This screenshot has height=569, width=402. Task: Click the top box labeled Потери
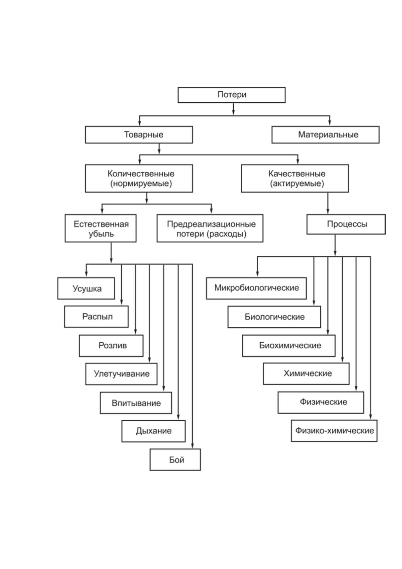(x=232, y=95)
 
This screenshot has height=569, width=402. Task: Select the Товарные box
(x=139, y=134)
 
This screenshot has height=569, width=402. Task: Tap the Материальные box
(x=325, y=134)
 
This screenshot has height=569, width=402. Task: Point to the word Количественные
(x=141, y=174)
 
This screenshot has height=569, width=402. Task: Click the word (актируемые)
(x=297, y=184)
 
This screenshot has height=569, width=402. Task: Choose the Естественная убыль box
(x=101, y=228)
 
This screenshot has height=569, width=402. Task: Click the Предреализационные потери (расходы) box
(x=210, y=228)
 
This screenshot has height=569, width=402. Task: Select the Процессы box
(x=346, y=224)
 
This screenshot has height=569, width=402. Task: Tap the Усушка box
(x=86, y=288)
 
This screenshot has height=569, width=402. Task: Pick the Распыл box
(x=96, y=317)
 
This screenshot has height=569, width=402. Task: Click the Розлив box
(x=111, y=345)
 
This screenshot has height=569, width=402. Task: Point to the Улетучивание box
(x=121, y=374)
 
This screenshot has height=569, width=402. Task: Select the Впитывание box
(x=136, y=403)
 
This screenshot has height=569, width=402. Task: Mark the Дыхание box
(x=154, y=431)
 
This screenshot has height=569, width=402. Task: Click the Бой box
(x=175, y=460)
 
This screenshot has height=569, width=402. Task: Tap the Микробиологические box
(x=256, y=288)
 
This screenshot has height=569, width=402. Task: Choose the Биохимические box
(x=289, y=345)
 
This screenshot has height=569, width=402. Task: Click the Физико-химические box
(x=334, y=431)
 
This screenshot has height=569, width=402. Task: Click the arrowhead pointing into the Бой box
(x=192, y=446)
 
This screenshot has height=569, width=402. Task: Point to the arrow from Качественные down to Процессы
(x=328, y=203)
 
